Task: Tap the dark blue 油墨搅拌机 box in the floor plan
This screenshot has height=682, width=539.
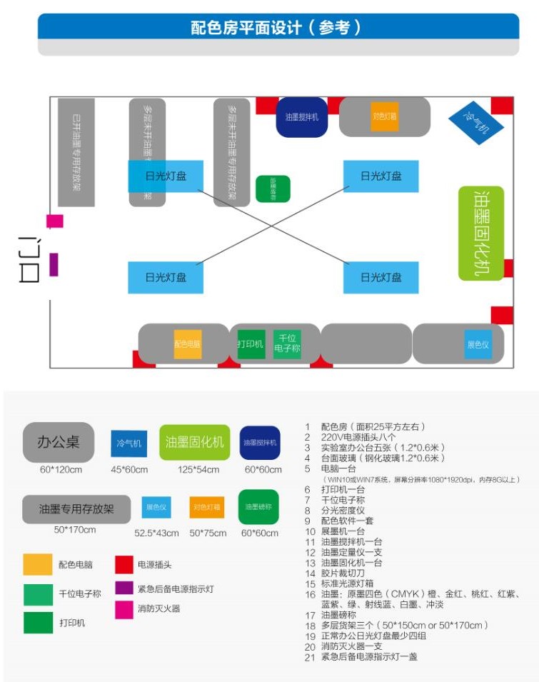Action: (x=301, y=116)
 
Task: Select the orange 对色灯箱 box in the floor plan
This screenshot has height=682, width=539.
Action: (x=385, y=116)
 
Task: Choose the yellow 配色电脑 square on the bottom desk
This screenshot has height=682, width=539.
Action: (x=188, y=343)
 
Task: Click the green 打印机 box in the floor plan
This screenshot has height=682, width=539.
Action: (x=251, y=343)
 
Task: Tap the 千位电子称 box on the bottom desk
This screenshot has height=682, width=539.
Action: (x=287, y=344)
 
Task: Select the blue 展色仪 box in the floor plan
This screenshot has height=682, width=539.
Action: (x=478, y=344)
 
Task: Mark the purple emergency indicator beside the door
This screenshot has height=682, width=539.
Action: (x=54, y=264)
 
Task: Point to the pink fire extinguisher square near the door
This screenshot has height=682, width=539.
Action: (x=55, y=221)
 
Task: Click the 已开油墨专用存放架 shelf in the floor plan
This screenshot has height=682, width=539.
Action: (x=76, y=152)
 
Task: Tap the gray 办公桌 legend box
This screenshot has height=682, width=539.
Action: (x=59, y=442)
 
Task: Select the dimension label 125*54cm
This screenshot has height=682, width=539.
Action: (x=195, y=470)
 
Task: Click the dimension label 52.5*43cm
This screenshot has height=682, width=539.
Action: (x=156, y=533)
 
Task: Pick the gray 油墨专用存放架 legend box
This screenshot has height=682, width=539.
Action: (x=76, y=509)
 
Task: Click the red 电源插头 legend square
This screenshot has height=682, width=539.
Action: (x=125, y=564)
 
